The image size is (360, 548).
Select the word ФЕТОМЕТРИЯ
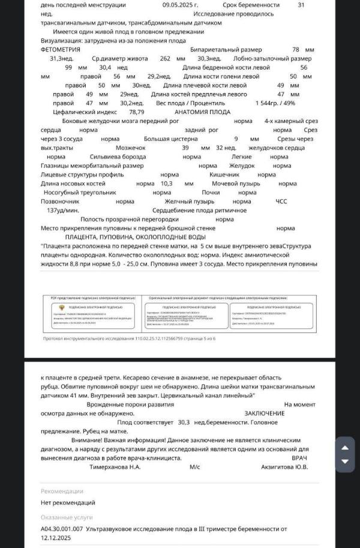64,50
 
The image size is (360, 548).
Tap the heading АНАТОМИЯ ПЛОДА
202,112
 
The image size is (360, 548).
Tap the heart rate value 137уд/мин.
63,211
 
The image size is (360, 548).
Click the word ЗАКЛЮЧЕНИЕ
264,414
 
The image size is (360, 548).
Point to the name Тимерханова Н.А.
115,466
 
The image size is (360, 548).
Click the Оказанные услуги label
67,516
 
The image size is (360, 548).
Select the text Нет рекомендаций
68,502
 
